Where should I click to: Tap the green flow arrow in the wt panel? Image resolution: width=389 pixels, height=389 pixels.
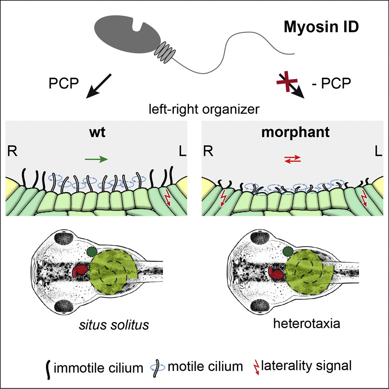pos(96,159)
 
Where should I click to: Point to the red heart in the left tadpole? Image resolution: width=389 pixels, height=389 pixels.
pos(81,272)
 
